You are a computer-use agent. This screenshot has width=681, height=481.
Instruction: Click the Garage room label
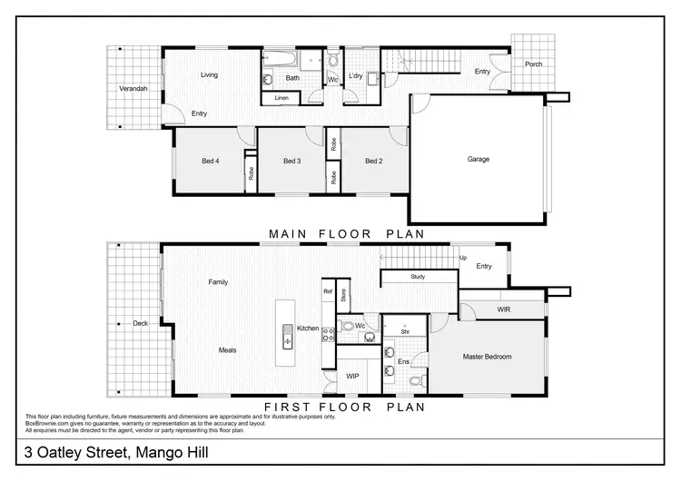click(479, 159)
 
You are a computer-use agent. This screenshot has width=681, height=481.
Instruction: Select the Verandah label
click(133, 88)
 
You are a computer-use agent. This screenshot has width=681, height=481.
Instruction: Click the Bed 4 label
click(211, 162)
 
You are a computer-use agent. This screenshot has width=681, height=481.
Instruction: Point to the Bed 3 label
click(291, 162)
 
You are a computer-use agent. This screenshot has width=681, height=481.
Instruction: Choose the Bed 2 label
click(373, 162)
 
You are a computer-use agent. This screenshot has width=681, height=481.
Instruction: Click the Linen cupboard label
click(281, 97)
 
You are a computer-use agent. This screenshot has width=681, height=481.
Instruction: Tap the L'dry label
click(356, 78)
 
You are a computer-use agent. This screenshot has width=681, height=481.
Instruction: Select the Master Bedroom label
click(488, 357)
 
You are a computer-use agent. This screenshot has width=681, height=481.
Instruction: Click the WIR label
click(505, 309)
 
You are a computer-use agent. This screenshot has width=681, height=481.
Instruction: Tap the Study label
click(418, 276)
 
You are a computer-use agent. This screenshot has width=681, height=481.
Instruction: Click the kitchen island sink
click(288, 338)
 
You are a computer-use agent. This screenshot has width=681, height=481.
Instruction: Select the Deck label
click(140, 322)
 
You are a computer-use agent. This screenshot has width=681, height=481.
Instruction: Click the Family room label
click(218, 282)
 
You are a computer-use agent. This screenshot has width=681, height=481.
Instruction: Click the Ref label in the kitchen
click(328, 291)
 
